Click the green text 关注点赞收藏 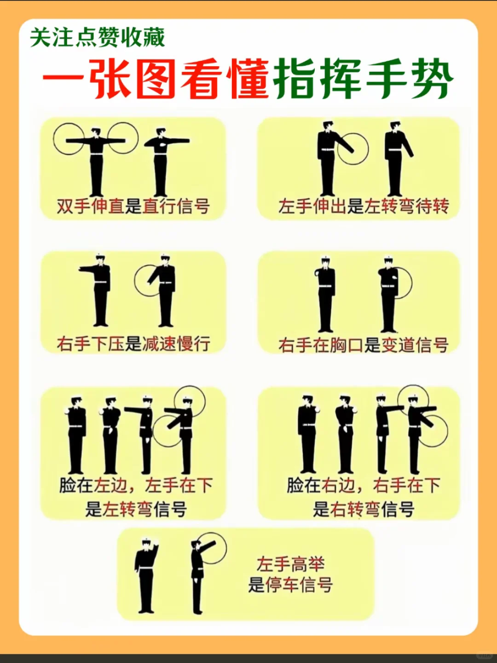(97, 38)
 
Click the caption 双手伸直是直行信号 (133, 206)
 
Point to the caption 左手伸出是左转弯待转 (363, 206)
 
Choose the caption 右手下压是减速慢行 (133, 343)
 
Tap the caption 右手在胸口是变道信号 (363, 344)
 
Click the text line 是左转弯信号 (136, 509)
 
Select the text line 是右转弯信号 (364, 509)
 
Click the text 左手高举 (290, 564)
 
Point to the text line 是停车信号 (290, 585)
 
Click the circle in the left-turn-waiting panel (353, 149)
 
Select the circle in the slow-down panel (148, 280)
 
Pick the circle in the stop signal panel (212, 548)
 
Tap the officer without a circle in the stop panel (146, 576)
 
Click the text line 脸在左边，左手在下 (136, 485)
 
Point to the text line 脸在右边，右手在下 (364, 485)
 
